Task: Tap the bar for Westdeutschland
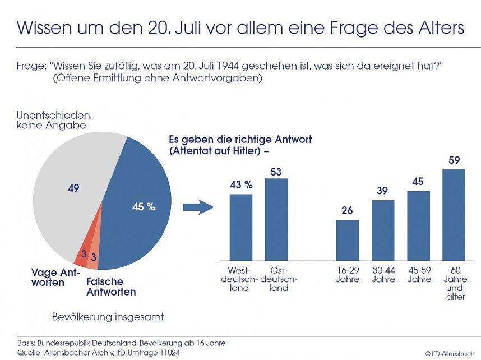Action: (x=241, y=227)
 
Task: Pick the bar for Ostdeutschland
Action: (x=276, y=219)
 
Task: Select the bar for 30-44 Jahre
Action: (x=383, y=229)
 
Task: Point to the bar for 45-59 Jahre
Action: (x=418, y=225)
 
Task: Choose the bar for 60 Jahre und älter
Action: (x=454, y=214)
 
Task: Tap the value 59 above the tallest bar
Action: (x=454, y=161)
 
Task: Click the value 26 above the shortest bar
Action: (x=347, y=211)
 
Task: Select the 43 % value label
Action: (x=241, y=185)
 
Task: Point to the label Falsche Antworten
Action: (x=111, y=287)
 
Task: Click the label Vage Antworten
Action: (x=56, y=277)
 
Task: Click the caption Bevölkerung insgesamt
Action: (x=108, y=317)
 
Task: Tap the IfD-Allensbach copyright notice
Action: (x=451, y=353)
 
